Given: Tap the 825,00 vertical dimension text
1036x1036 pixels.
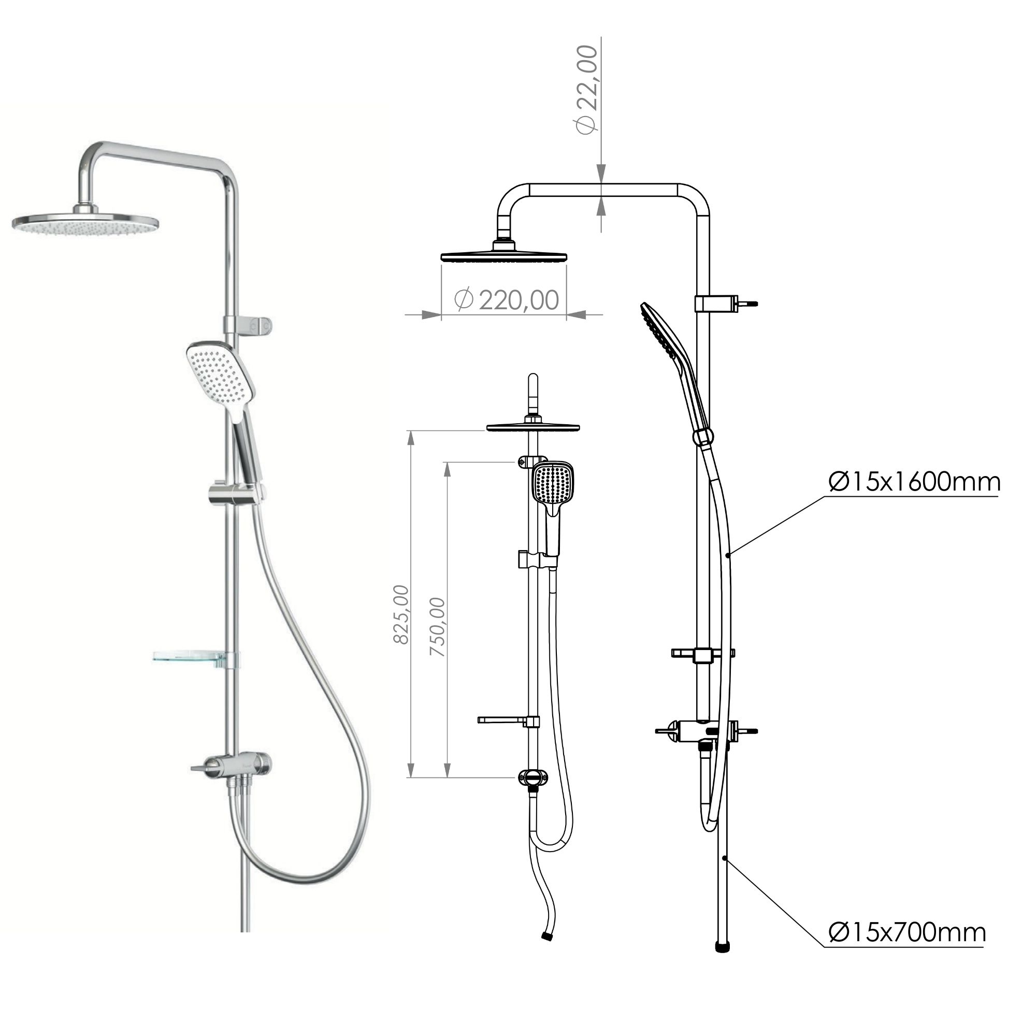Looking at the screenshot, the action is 401,614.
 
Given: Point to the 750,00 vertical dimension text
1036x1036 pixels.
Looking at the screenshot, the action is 438,627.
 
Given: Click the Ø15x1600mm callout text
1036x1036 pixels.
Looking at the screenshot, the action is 914,482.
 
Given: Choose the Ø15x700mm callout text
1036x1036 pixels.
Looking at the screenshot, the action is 907,932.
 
